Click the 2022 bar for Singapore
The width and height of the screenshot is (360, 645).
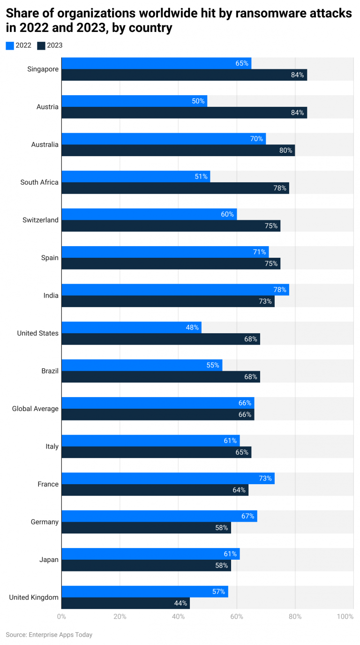click(156, 63)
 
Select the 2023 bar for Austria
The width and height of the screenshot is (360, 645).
click(184, 112)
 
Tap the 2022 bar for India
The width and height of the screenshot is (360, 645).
click(175, 290)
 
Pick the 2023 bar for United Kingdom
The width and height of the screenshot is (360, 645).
click(125, 603)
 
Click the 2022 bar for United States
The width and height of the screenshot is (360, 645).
click(131, 327)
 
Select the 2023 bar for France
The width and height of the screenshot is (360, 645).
click(155, 490)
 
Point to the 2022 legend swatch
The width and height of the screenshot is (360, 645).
click(10, 45)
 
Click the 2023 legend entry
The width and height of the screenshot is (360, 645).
click(50, 45)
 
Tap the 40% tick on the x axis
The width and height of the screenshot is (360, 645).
click(178, 616)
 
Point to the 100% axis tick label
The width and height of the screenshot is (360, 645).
click(345, 616)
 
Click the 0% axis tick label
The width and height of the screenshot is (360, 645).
click(61, 616)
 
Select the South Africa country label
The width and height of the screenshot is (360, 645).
click(39, 182)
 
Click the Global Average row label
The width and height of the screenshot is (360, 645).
click(35, 409)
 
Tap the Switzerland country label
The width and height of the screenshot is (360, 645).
click(40, 220)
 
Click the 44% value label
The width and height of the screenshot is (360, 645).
click(180, 603)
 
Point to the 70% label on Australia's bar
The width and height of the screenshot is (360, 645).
click(256, 139)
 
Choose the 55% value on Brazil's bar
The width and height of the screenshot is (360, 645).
click(213, 365)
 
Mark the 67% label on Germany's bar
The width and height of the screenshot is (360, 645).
click(247, 516)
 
